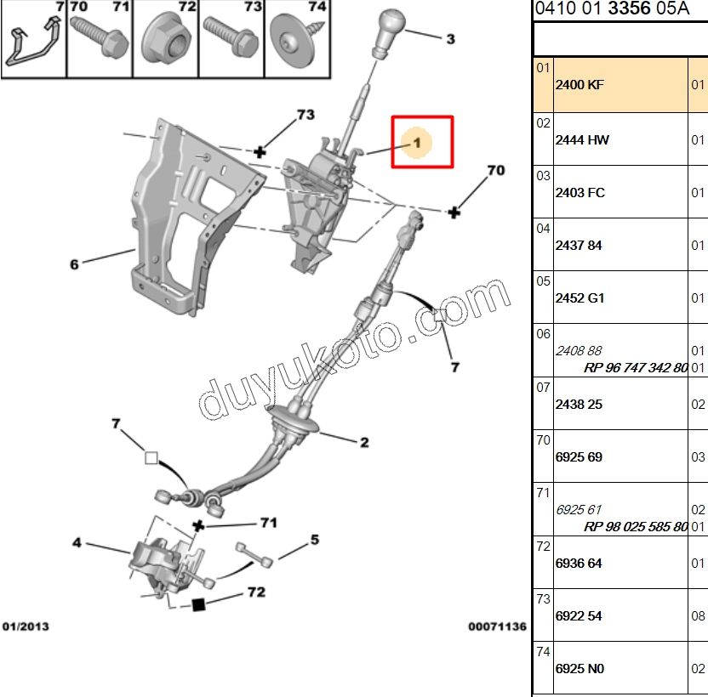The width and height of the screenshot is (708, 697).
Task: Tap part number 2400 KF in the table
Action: point(579,85)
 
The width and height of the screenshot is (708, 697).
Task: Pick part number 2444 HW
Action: point(581,140)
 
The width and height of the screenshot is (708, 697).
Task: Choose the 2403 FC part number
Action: point(580,193)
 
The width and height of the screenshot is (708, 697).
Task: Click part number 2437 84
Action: point(578,246)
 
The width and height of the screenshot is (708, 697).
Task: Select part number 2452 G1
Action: point(580,298)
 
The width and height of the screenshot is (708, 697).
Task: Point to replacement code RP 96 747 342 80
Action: point(636,369)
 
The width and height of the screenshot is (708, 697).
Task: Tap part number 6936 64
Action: point(578,564)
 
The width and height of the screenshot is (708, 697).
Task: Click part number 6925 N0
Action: point(579,669)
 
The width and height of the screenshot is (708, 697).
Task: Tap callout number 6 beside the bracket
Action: point(74,264)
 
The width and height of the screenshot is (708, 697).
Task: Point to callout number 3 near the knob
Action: point(450,39)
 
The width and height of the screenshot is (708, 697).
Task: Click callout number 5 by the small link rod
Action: point(314,539)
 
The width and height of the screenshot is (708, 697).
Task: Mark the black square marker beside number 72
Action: point(198,604)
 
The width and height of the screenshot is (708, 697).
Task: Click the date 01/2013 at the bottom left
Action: point(26,626)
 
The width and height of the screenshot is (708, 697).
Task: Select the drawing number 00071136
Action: point(497,626)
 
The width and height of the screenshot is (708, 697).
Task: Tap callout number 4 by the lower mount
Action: point(77,541)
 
